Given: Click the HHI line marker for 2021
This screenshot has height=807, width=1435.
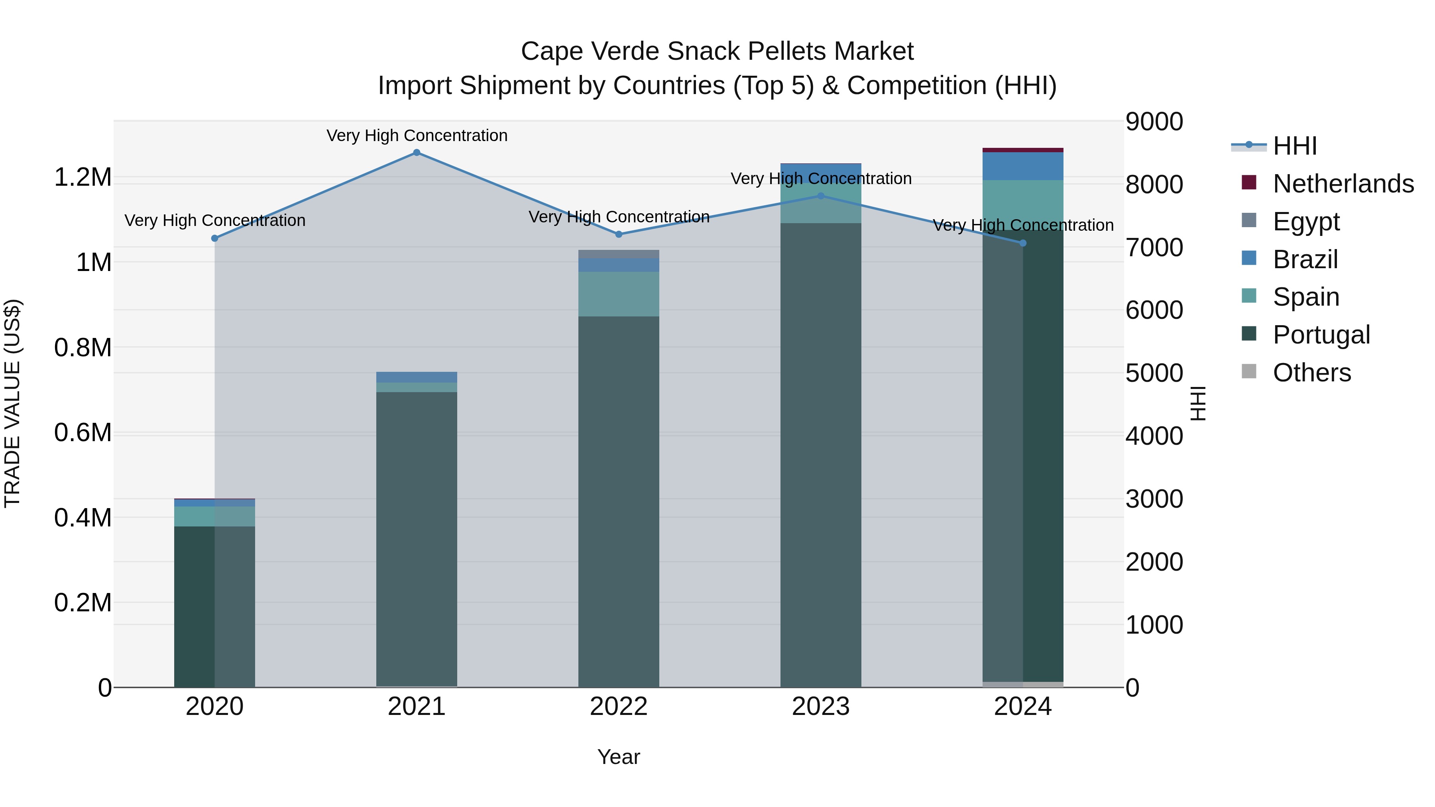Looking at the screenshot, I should [417, 153].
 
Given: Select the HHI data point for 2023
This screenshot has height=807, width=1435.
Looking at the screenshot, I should [821, 196].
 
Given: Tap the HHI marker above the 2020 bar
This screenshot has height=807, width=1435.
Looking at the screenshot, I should [215, 238].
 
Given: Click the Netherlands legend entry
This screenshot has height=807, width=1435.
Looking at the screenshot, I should [1343, 184].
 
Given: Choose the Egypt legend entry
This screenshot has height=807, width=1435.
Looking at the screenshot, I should [1306, 222].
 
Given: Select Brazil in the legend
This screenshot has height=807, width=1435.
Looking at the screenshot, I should [1305, 259].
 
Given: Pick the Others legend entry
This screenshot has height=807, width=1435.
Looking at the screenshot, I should [1311, 373].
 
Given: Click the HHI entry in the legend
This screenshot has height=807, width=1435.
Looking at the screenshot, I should [1295, 146].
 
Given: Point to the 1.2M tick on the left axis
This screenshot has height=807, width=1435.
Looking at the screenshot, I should [83, 178].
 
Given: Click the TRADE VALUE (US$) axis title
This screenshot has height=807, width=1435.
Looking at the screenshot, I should [12, 403].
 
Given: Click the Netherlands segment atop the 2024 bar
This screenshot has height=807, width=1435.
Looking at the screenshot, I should [1023, 150].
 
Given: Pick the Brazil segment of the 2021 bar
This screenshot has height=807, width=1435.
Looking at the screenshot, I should [417, 377].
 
